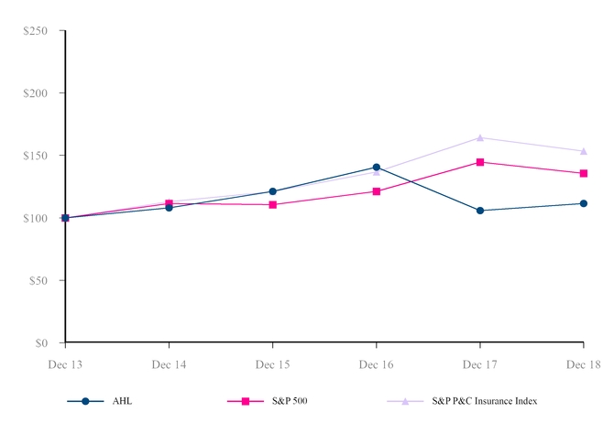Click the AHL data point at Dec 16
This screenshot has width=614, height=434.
click(377, 168)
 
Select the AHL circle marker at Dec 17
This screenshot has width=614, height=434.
click(480, 211)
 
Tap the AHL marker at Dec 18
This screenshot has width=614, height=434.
click(584, 203)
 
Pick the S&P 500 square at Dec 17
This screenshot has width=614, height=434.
click(480, 162)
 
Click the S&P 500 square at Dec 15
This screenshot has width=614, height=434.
click(273, 204)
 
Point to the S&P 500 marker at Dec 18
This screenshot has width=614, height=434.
click(584, 173)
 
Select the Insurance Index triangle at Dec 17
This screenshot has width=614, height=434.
click(480, 137)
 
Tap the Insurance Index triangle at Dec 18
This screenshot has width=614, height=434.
click(584, 151)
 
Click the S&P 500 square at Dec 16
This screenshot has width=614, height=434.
click(377, 191)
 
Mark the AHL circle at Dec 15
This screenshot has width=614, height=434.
click(273, 191)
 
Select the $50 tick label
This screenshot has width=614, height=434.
click(41, 281)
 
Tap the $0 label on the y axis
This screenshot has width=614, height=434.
click(44, 343)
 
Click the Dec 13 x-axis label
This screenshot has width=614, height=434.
click(65, 364)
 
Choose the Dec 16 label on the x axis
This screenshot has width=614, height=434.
click(377, 364)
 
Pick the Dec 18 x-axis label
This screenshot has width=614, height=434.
click(584, 364)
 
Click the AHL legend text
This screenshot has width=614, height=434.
click(121, 401)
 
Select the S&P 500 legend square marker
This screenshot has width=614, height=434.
click(246, 401)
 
